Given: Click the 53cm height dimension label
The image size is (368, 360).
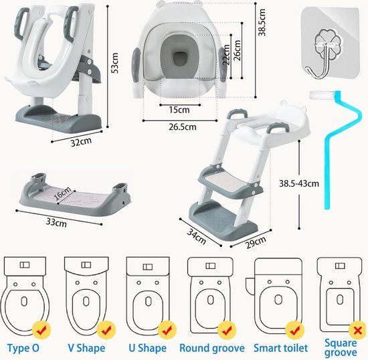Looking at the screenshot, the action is pos(115,63).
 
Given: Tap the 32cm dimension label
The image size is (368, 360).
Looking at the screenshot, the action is pos(81,142).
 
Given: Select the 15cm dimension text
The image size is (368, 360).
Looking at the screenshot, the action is pos(179,110).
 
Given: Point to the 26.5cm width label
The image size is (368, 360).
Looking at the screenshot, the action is pos(183,126).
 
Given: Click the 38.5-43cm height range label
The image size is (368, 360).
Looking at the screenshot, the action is pos(299,183).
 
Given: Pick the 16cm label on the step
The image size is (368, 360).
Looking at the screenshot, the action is pos(63,193).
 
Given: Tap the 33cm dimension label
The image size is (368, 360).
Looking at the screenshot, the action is pos(56,221).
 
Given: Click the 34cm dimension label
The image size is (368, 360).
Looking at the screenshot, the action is pos(197,236).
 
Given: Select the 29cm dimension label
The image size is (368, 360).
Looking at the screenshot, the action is pos(256,242).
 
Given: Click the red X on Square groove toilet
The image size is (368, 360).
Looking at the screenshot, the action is pos(357,331).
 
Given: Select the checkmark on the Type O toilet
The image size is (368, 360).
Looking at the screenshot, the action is pos(41,330).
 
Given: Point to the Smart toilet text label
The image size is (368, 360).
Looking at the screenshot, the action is pos(281,348).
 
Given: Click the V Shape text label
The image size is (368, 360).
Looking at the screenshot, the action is pos(86,348).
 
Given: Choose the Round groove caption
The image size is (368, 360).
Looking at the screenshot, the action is pos(212,348).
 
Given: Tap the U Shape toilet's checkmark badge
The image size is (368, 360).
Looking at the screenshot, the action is pos(167,331).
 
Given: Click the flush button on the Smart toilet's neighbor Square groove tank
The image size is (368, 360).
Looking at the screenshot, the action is pos(340,266).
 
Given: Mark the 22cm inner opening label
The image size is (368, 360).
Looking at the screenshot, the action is pos(226,55).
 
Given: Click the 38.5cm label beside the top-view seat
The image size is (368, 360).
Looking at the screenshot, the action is pos(262,23).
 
